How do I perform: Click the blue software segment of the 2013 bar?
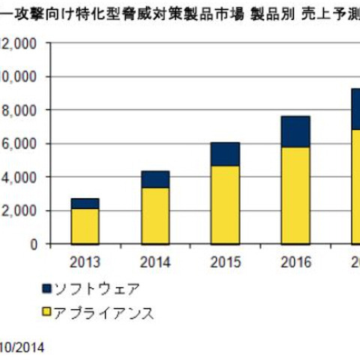pos(85,203)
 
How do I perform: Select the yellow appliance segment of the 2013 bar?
pos(85,226)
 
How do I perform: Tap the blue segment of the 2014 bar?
pos(154,179)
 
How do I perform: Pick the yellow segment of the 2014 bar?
pos(154,215)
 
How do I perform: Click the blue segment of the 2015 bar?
pos(225,154)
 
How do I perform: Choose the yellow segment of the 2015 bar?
pos(225,204)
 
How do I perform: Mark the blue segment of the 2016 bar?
pos(295,131)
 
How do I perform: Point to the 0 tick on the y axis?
pos(33,244)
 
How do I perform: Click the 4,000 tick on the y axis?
pos(19,177)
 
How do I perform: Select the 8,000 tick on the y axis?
pos(19,110)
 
